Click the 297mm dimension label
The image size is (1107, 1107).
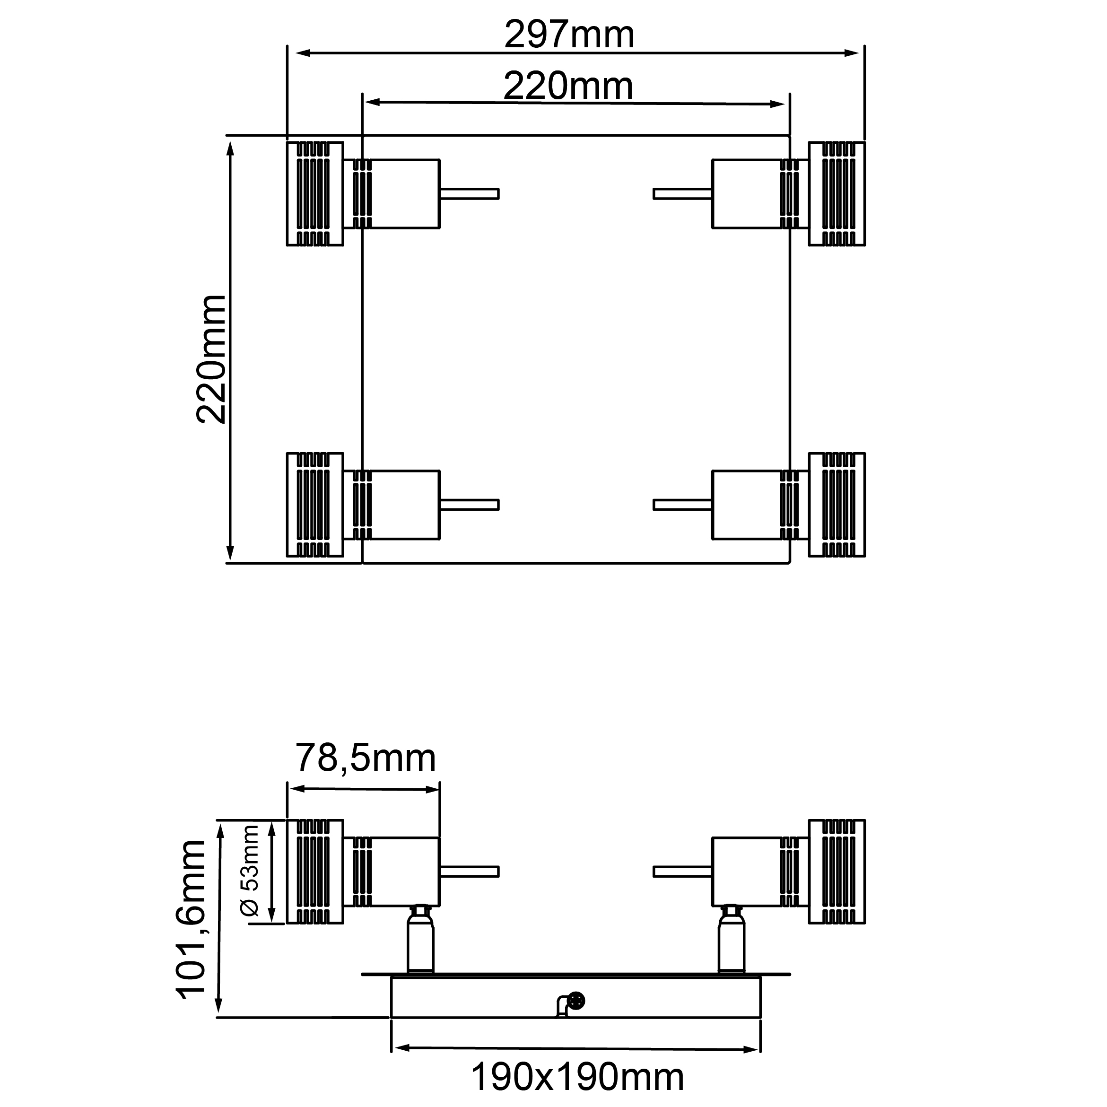pyautogui.click(x=569, y=35)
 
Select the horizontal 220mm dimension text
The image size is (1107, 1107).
pyautogui.click(x=568, y=86)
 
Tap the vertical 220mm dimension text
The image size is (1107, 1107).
pyautogui.click(x=211, y=360)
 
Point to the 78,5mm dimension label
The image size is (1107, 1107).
pyautogui.click(x=366, y=758)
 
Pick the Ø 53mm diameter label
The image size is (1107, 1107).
pyautogui.click(x=250, y=871)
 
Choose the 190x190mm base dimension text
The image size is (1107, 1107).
pyautogui.click(x=577, y=1078)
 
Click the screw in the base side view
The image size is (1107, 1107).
pyautogui.click(x=576, y=1001)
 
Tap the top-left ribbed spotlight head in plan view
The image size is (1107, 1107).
pyautogui.click(x=315, y=194)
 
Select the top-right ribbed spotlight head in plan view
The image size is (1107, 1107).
pyautogui.click(x=837, y=194)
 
